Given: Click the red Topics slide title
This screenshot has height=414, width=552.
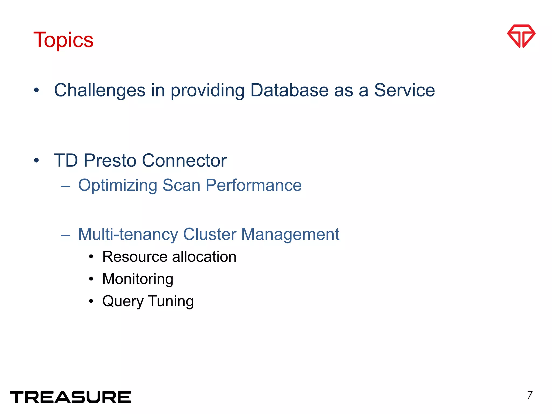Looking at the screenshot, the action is [x=63, y=40].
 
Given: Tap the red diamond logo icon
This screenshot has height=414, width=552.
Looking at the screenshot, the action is [x=521, y=36].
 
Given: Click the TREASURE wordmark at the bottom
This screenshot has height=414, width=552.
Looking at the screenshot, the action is [x=70, y=397].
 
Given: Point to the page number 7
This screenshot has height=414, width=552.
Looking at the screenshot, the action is [x=530, y=395].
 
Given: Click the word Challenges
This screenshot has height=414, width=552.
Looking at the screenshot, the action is [x=100, y=90].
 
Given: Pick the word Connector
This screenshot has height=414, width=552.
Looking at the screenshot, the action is [x=184, y=161].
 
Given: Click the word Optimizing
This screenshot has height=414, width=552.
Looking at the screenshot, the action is [x=118, y=185].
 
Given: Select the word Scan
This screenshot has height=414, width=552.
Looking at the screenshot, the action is [x=181, y=185].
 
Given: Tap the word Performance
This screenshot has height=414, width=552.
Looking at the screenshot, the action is [x=253, y=185].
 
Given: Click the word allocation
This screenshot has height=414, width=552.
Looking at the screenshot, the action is [x=204, y=257].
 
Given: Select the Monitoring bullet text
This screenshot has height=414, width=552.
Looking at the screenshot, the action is [x=138, y=279].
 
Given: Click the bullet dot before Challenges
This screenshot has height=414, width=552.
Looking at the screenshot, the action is [x=37, y=90].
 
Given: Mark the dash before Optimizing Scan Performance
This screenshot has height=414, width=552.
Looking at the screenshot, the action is [x=65, y=186].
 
